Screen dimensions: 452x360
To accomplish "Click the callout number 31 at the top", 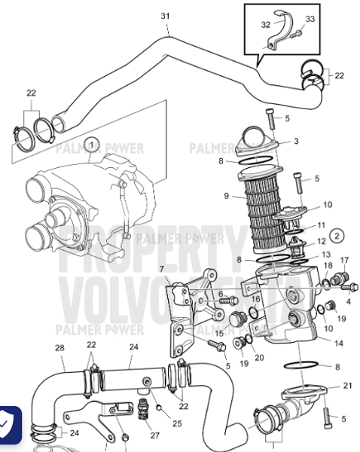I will click(166, 15).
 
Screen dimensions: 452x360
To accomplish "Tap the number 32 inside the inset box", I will click(264, 25).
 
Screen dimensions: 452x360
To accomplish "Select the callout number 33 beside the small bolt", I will click(310, 19).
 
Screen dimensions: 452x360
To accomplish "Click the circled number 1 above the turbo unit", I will click(91, 142).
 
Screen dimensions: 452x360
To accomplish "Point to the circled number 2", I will click(337, 235).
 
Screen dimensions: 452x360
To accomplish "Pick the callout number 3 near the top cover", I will click(296, 141).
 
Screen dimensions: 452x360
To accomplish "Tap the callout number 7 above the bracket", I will click(161, 270).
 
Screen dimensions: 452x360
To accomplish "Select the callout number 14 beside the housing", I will click(338, 344).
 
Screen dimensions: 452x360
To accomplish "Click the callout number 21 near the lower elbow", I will click(347, 386).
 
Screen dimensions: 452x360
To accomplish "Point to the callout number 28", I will click(59, 347).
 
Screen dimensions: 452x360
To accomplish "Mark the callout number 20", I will click(260, 357).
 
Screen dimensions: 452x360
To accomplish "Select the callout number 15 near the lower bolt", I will click(219, 332).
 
